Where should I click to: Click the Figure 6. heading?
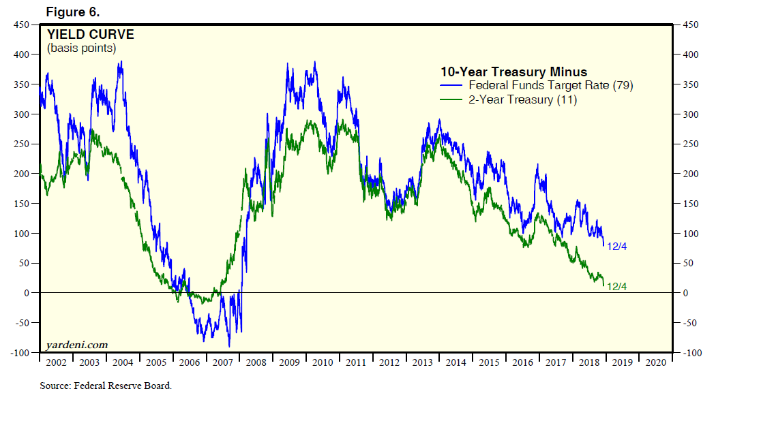pos(73,12)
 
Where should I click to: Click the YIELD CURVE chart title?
pos(90,35)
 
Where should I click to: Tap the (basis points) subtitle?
pos(81,48)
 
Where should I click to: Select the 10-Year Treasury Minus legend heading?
pos(513,72)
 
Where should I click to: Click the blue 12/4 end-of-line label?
pos(616,246)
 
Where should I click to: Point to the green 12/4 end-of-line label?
pos(616,287)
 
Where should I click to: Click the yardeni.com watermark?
pos(77,345)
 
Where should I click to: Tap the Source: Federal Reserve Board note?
pos(106,386)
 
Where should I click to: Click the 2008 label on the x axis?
pos(256,362)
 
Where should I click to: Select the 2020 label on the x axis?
pos(655,362)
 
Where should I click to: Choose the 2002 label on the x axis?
pos(56,362)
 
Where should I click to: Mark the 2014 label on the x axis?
pos(456,362)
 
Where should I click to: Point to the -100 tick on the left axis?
pos(20,353)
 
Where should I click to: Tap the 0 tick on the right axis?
pos(687,293)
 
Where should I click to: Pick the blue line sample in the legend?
pos(451,85)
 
